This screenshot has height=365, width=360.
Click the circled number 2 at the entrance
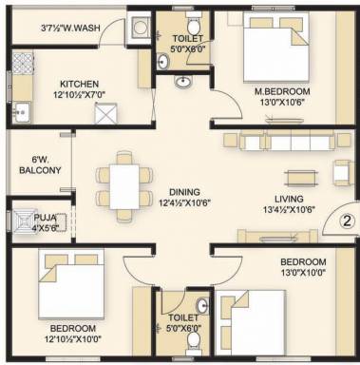point(347,221)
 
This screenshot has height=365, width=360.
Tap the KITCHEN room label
point(79,85)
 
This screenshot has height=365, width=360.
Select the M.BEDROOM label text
point(282,91)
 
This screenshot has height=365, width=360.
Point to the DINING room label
point(184,192)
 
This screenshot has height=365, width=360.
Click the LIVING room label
point(289,199)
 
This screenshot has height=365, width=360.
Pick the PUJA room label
point(46,218)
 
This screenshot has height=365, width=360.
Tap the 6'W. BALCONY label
point(40,165)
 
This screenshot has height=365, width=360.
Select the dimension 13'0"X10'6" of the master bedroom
point(282,102)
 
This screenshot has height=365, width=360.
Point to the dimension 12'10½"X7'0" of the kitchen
point(79,94)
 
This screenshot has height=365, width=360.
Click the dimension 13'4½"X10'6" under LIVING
point(289,209)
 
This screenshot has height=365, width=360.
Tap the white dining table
point(124,186)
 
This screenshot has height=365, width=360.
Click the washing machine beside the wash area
point(141,27)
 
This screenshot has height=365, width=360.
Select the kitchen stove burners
point(23,64)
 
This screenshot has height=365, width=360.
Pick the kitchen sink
point(21,112)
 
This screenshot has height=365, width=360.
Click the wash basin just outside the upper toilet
point(182,82)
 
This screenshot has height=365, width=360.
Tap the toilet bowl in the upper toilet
point(193,24)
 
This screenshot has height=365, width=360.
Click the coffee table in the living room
point(301,178)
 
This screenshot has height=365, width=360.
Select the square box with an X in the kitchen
point(106,113)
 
